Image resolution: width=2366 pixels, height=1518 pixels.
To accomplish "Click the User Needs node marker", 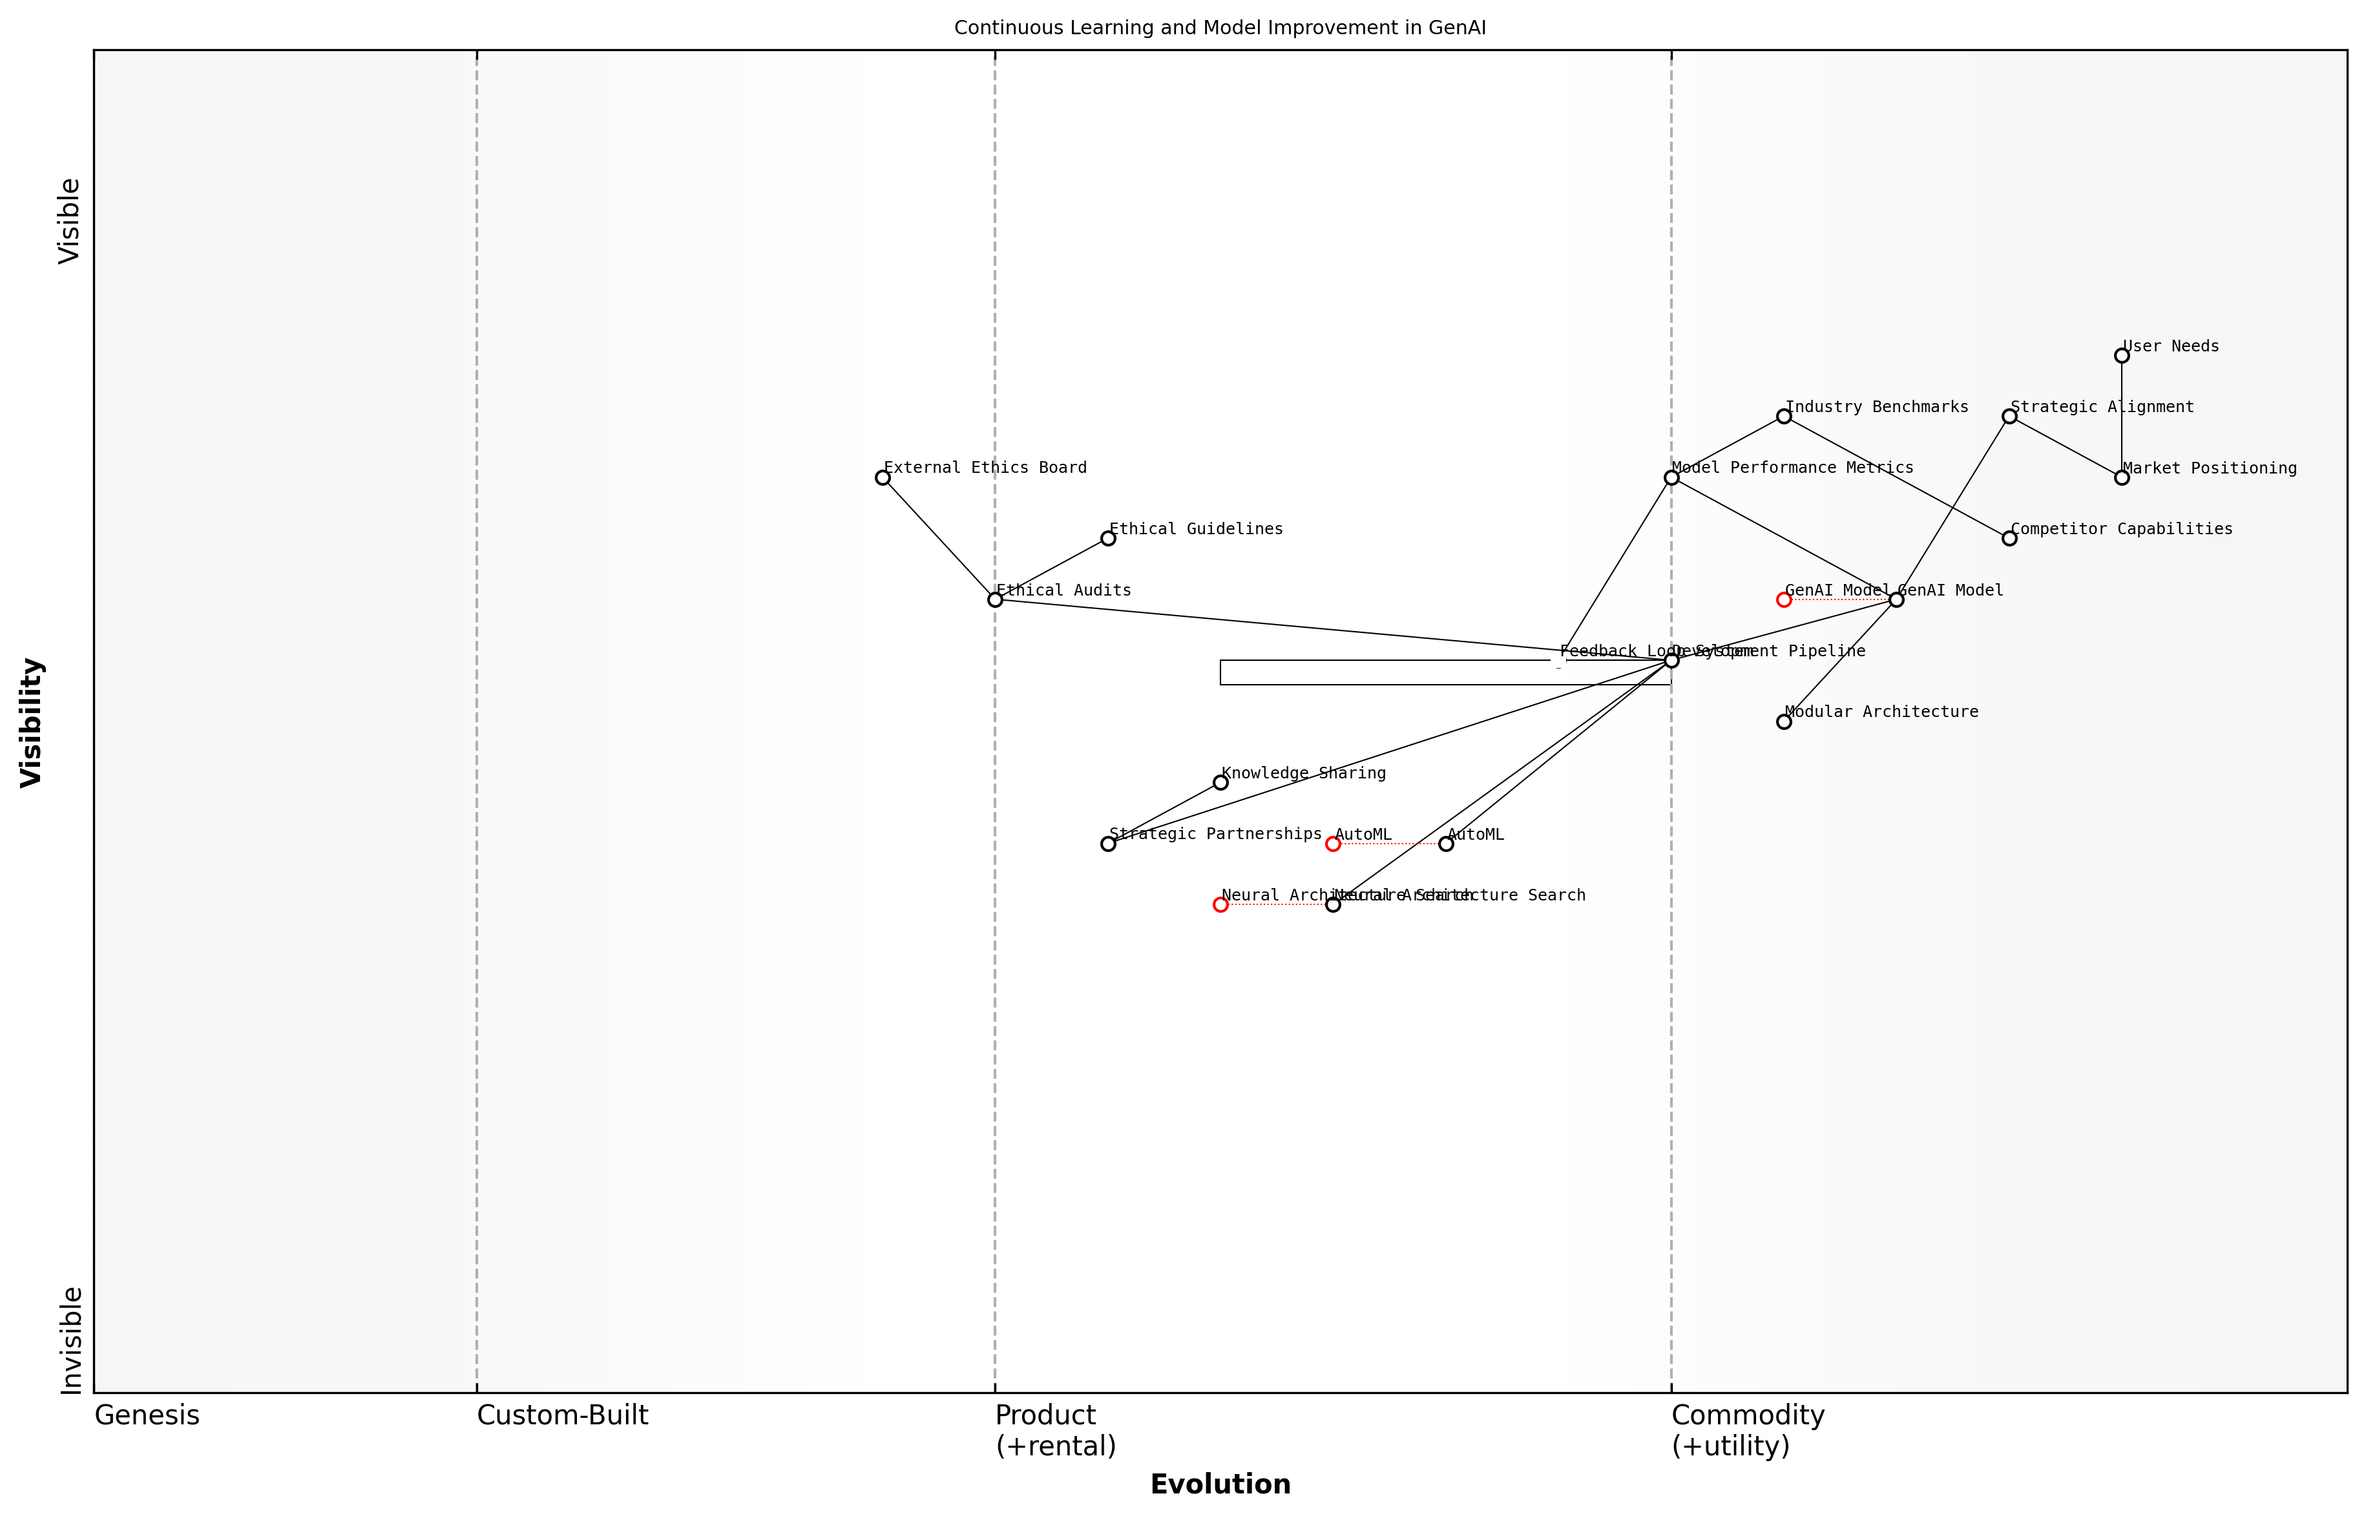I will click(x=2122, y=356).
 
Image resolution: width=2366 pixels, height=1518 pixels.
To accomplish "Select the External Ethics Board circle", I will click(x=883, y=478).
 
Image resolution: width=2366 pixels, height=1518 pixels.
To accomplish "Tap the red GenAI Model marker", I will click(x=1783, y=599).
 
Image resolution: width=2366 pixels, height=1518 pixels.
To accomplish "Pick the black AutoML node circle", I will click(x=1445, y=844).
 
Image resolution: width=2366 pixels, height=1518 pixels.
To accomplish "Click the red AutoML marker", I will click(x=1333, y=844).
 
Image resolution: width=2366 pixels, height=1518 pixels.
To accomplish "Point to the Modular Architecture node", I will click(x=1783, y=722).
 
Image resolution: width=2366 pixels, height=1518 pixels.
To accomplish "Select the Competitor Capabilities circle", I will click(x=2009, y=538).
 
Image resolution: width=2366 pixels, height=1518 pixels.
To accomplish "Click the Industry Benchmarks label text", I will click(x=1876, y=407).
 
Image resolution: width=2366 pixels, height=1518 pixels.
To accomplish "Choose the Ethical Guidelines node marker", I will click(x=1108, y=538).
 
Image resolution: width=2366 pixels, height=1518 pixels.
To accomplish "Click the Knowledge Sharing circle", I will click(x=1220, y=783).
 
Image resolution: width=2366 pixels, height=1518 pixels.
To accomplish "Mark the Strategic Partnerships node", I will click(x=1108, y=844).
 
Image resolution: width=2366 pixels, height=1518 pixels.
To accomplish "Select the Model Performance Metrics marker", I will click(x=1671, y=478).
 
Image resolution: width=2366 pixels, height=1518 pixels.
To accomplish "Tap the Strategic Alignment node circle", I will click(x=2009, y=417).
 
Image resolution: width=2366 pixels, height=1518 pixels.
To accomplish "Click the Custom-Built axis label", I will click(x=562, y=1415).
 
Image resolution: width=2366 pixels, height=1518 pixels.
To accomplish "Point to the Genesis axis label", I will click(x=147, y=1415).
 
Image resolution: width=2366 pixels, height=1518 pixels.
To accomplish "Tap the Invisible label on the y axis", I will click(x=71, y=1340).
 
